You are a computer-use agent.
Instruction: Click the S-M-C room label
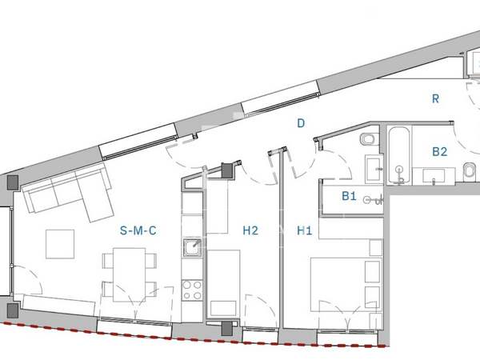tap(138, 230)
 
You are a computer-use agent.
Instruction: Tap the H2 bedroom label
tap(250, 230)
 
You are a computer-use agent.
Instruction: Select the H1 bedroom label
tap(305, 230)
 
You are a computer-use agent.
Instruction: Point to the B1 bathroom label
tap(349, 196)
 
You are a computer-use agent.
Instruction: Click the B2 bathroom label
tap(439, 151)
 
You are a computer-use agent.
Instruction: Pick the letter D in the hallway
tap(301, 123)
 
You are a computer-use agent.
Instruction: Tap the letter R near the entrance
tap(435, 98)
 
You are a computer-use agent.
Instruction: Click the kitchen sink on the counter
tap(192, 248)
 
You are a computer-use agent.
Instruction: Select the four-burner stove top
tap(192, 290)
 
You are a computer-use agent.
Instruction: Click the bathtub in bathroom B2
tap(399, 155)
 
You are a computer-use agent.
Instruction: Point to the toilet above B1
tap(369, 139)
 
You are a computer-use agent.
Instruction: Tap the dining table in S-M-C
tap(129, 274)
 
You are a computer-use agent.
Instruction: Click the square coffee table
tap(60, 244)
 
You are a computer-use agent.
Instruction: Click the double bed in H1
tap(346, 284)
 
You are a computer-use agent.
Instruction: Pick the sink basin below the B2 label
tap(434, 176)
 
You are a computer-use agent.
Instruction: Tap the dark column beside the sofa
tap(13, 182)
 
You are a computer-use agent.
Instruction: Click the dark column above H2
tap(227, 170)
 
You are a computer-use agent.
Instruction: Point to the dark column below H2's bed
tap(227, 328)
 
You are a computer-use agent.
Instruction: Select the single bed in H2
tap(223, 283)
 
